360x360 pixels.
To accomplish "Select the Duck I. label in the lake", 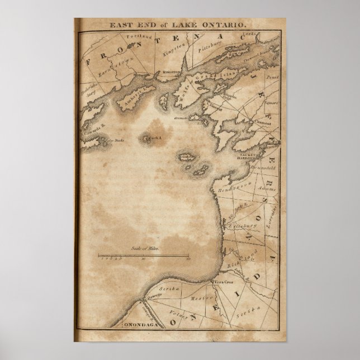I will tap(153, 137).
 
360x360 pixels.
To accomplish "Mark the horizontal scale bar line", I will tap(144, 255).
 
